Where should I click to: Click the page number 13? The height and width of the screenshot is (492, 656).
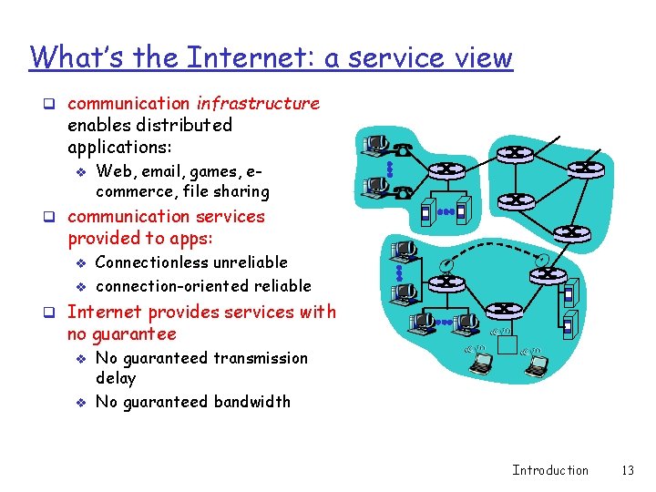627,470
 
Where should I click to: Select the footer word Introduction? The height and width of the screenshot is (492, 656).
550,470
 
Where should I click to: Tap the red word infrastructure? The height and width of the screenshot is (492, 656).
258,103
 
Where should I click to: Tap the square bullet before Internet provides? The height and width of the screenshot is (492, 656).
56,313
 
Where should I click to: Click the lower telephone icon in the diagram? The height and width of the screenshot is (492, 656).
404,190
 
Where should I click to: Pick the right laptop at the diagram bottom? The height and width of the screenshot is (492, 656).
537,365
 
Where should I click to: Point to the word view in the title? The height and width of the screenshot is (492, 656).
482,57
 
